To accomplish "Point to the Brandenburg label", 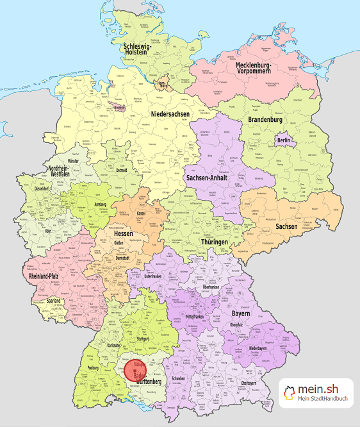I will [265, 119].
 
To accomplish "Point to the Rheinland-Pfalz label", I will [47, 277].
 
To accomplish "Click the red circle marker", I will [135, 371].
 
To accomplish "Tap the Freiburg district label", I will [94, 368].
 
